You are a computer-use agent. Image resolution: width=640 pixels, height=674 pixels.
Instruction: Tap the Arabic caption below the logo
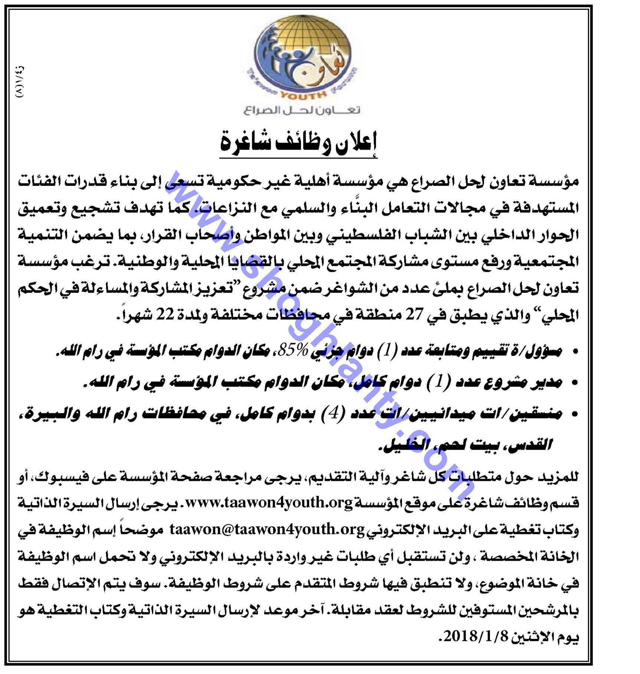302,110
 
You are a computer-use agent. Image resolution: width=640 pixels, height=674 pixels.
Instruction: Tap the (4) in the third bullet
333,413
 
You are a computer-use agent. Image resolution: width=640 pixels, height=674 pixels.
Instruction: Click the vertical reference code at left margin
20,82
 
